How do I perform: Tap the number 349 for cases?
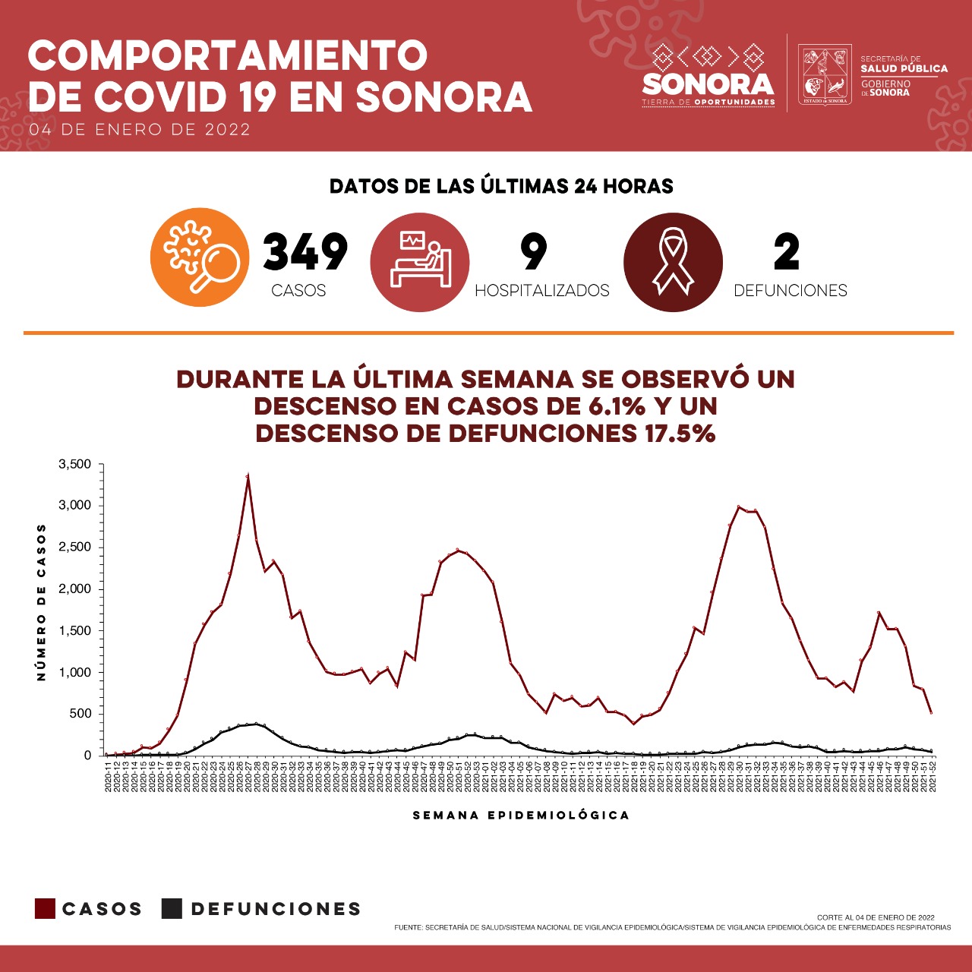tap(305, 252)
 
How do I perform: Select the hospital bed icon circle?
tap(420, 262)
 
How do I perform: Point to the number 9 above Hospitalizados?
tap(534, 252)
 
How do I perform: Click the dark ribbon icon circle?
tap(673, 262)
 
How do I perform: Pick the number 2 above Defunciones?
tap(787, 252)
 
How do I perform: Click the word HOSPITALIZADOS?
tap(541, 291)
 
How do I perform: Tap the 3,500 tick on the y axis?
tap(74, 465)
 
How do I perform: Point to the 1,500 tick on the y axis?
tap(74, 631)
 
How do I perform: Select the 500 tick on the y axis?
tap(80, 714)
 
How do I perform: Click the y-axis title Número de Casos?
tap(42, 601)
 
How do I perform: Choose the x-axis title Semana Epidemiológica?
tap(521, 816)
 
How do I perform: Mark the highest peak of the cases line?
tap(248, 477)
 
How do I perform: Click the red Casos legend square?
tap(46, 909)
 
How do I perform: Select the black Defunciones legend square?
tap(172, 909)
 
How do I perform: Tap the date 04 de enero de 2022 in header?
tap(140, 130)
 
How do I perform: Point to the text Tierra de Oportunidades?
tap(708, 103)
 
